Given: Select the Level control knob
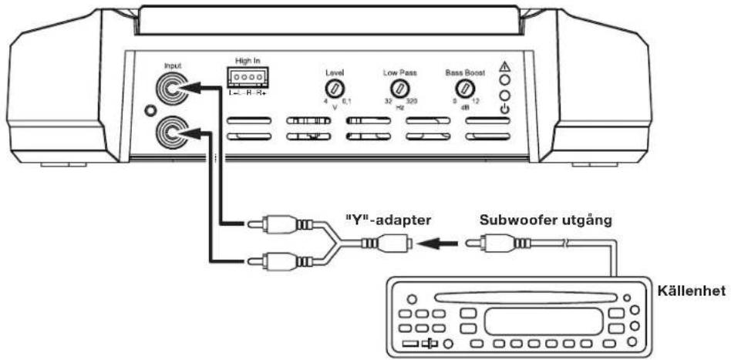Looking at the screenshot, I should (x=335, y=88).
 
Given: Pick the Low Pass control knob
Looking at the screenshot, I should (x=399, y=88).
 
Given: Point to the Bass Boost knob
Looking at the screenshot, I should (x=464, y=88).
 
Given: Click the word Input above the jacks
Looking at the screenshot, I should (x=173, y=67).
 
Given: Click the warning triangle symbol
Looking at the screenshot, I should (x=504, y=66).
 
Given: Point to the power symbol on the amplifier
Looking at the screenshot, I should (x=504, y=109).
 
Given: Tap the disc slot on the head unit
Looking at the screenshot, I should (x=515, y=298).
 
